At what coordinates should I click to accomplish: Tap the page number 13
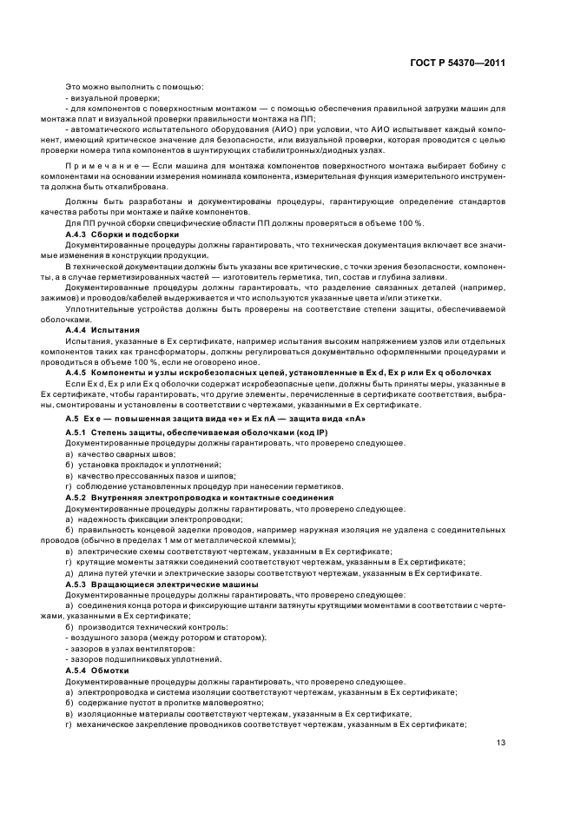(501, 743)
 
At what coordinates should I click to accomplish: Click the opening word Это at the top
(74, 86)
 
